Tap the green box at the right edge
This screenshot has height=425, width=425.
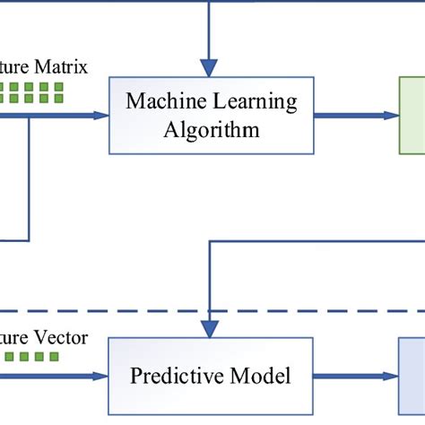[412, 114]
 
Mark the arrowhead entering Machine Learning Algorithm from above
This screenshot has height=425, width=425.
[209, 67]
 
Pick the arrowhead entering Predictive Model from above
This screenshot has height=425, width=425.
[209, 329]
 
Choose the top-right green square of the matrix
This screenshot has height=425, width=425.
[59, 87]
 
